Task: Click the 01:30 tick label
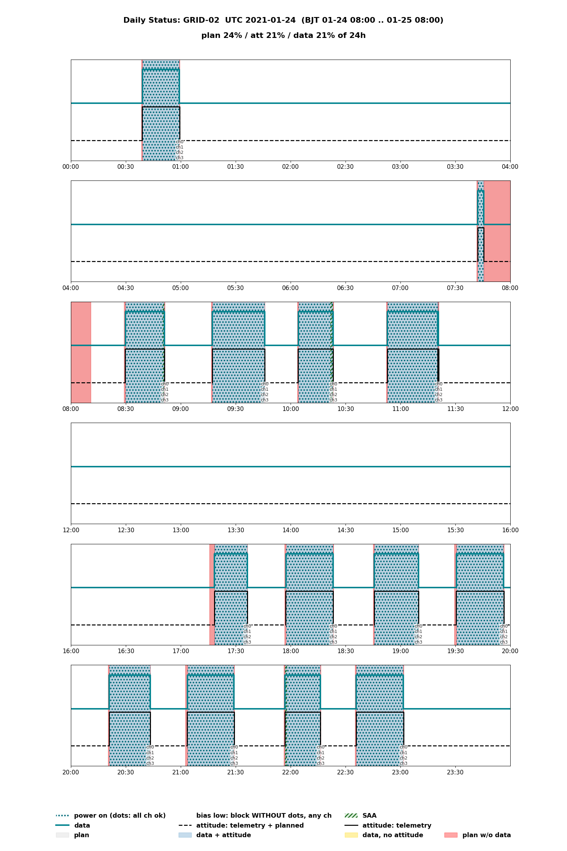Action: [235, 167]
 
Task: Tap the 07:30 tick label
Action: [455, 288]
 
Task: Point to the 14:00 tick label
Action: [290, 530]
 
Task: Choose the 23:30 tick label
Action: [455, 772]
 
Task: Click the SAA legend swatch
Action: [351, 816]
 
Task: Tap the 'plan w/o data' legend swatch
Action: [451, 835]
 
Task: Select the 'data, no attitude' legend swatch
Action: [351, 835]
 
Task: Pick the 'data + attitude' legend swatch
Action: [185, 835]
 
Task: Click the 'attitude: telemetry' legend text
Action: [397, 825]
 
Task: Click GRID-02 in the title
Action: [196, 20]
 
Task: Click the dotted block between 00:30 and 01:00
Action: [161, 110]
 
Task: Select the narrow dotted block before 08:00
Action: [481, 231]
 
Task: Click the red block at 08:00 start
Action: [81, 352]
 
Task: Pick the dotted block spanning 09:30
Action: [238, 352]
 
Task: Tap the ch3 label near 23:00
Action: [404, 763]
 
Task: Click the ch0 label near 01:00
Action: [179, 142]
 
